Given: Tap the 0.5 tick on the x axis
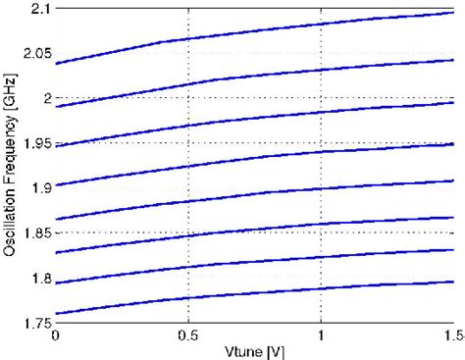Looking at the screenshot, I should [x=187, y=336].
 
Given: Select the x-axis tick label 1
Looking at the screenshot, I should [x=321, y=336].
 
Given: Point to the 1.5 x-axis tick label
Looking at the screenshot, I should [x=451, y=336].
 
